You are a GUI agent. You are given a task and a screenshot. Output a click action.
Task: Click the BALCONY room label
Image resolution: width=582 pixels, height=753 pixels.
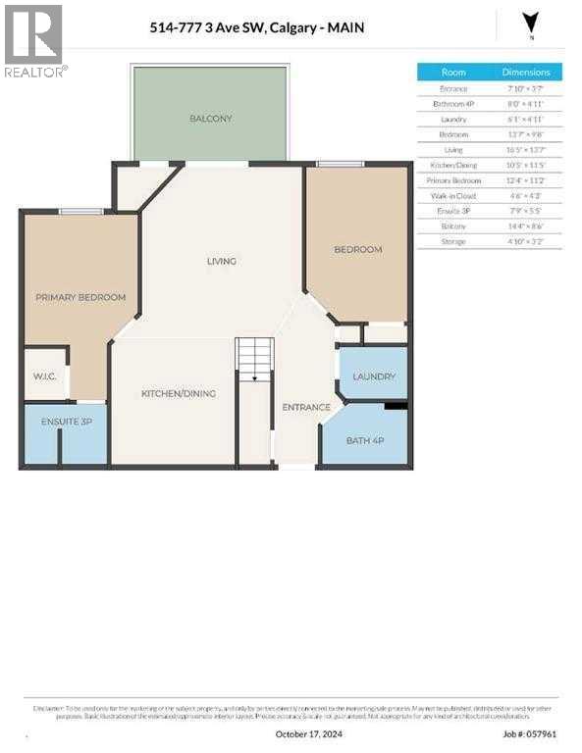211,119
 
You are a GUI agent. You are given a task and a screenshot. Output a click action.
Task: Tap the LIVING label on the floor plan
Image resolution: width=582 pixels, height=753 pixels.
222,261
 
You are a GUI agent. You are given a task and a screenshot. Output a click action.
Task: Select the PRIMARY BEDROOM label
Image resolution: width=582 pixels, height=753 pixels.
81,297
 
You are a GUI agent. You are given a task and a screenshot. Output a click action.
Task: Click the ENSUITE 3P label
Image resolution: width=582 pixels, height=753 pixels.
66,422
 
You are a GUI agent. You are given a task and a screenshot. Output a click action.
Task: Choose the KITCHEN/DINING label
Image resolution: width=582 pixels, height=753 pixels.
179,393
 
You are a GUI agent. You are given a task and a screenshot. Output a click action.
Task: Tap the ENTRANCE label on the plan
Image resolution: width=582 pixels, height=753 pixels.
306,407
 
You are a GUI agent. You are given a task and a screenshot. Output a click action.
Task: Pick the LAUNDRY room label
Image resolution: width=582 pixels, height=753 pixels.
374,376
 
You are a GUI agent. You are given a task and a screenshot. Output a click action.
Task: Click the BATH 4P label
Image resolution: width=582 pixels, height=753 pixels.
364,440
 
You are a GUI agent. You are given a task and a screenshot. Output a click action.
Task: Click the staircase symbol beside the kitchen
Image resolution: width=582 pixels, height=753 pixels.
255,360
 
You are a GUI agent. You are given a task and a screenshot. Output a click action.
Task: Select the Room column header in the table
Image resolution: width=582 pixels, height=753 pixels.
453,73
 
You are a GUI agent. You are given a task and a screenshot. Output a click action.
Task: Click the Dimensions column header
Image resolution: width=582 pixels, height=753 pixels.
526,73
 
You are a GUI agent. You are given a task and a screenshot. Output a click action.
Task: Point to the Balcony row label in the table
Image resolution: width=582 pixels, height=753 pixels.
453,226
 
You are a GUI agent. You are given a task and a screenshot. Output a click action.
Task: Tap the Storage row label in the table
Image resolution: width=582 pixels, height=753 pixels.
453,240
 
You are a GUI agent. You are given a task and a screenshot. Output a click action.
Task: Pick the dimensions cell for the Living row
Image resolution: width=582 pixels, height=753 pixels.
526,149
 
